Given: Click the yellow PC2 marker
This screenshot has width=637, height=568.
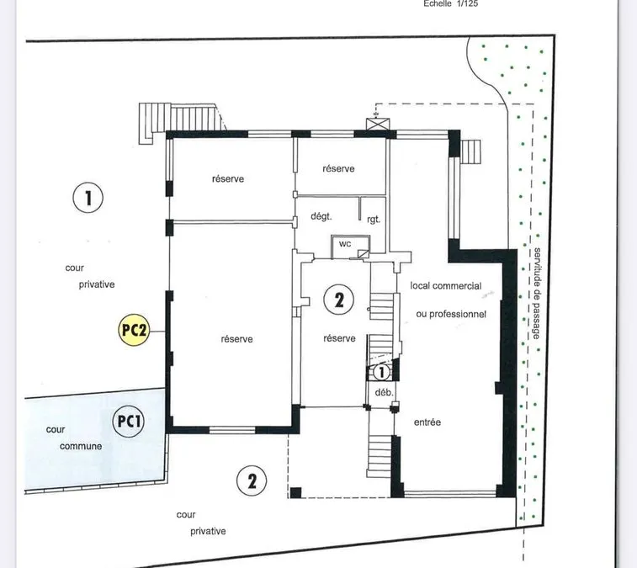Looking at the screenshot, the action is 134,330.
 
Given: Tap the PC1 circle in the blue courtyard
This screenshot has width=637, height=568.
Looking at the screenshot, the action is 129,421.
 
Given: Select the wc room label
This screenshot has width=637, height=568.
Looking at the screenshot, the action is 345,244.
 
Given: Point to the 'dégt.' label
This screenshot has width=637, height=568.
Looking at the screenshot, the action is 321,216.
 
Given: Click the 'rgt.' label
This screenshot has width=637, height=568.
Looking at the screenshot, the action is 374,220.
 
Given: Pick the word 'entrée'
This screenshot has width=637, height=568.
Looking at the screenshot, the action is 427,422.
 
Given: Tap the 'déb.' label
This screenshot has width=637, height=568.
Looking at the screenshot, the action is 384,393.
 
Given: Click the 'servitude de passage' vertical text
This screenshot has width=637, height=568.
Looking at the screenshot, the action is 537,294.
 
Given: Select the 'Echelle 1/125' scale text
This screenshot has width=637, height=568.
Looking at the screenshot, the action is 450,3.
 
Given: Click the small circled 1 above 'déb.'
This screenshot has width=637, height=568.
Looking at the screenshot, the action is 381,372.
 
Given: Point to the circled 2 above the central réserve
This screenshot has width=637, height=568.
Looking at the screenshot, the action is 339,300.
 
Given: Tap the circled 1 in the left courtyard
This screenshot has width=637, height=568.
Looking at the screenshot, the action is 88,198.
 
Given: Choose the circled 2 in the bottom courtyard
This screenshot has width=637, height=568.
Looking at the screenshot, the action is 252,480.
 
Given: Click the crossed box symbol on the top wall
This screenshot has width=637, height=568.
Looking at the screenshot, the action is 378,124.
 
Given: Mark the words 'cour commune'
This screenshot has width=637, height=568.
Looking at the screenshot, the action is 74,438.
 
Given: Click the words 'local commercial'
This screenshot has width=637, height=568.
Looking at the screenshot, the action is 446,285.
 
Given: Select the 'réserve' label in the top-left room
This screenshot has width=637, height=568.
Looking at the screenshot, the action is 228,178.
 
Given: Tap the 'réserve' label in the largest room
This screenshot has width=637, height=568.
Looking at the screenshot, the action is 236,339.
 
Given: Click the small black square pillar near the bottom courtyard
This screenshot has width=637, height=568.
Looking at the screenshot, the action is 295,492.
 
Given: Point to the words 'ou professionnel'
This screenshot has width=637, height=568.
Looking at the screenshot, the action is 451,314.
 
